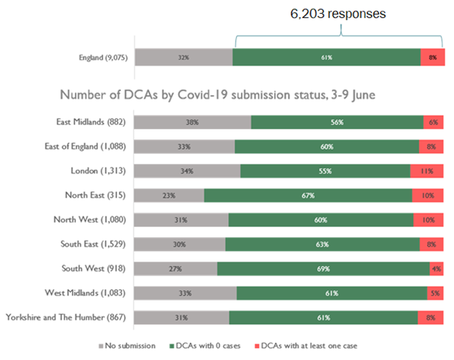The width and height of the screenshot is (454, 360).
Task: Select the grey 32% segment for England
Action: click(183, 57)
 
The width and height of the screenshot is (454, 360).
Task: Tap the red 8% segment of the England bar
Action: click(432, 57)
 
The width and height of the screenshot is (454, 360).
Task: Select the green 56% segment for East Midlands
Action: click(337, 122)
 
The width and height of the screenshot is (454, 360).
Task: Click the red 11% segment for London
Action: click(426, 171)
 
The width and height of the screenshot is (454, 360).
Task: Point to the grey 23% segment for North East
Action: click(169, 195)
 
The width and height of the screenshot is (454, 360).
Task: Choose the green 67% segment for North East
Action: click(308, 195)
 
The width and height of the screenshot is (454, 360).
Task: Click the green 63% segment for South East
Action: click(322, 244)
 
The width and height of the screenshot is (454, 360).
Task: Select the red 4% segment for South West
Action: click(436, 269)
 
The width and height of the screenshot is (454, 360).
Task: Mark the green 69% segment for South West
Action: click(323, 269)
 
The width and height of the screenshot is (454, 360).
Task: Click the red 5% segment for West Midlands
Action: click(435, 293)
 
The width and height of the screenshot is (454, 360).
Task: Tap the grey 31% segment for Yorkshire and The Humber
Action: click(181, 318)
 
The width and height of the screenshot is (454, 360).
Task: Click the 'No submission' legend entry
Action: click(127, 346)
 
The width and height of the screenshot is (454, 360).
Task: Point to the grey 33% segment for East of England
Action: click(184, 146)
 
